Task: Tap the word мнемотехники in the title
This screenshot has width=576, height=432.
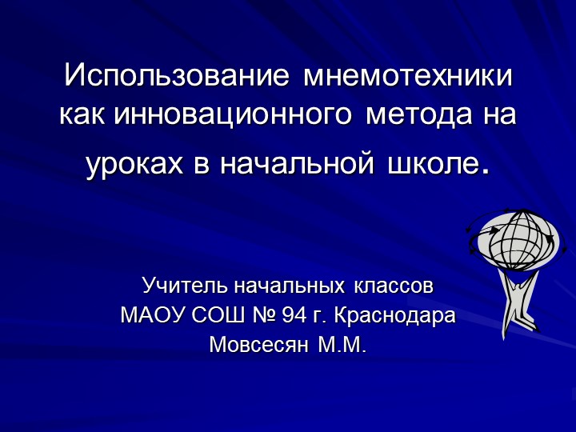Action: point(408,76)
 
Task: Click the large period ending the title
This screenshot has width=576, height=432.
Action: point(482,170)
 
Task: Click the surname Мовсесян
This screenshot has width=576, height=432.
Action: point(259,346)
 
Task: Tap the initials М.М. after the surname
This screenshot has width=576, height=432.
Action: point(342,346)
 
